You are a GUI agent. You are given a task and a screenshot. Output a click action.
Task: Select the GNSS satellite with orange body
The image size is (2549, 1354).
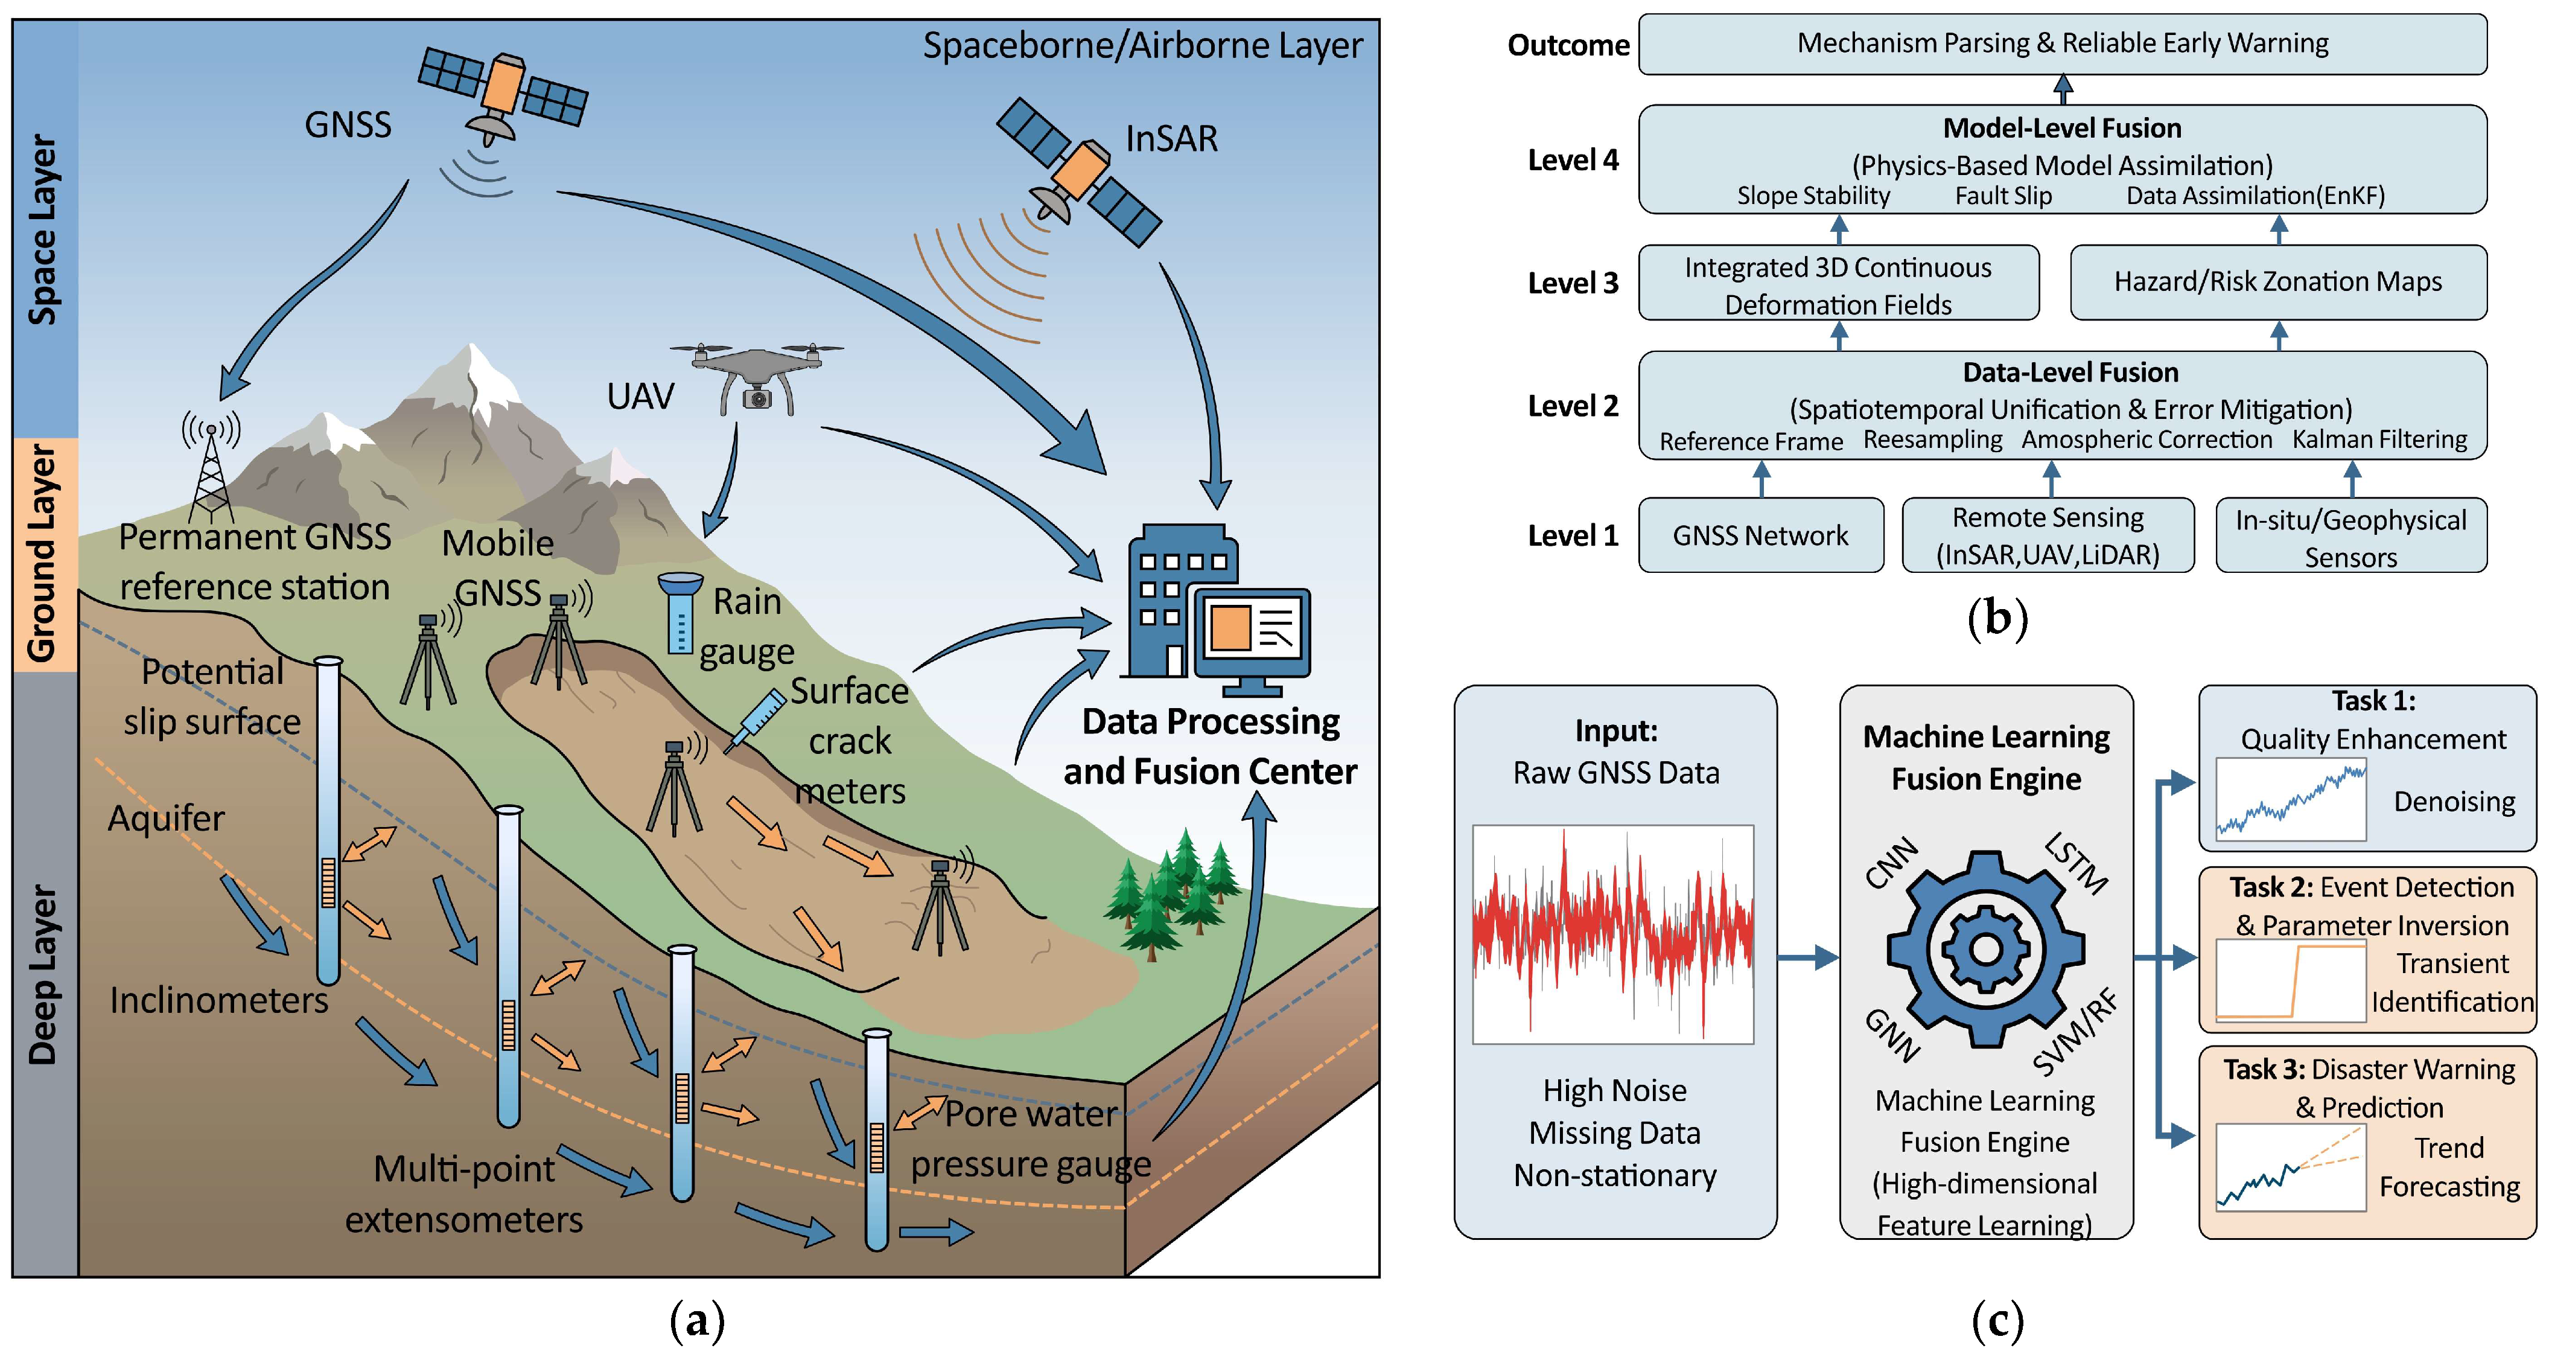(x=503, y=89)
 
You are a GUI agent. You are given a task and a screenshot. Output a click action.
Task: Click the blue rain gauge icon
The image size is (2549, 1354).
(x=681, y=614)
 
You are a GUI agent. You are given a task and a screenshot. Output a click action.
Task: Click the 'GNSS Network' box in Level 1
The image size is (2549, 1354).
(x=1760, y=535)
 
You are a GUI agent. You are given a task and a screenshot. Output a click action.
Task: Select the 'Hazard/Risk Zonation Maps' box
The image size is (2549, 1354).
(x=2278, y=282)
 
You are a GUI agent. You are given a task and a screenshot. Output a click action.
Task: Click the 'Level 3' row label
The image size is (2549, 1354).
(x=1573, y=283)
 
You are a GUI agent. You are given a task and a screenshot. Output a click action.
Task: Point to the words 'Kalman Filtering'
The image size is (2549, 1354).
(x=2380, y=439)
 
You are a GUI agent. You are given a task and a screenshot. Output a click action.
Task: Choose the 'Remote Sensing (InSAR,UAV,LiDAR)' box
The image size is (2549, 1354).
(x=2048, y=535)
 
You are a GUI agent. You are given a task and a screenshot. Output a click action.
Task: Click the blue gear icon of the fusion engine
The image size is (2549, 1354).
(x=1986, y=948)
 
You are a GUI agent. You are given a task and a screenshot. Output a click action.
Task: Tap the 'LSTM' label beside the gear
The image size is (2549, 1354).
(x=2076, y=863)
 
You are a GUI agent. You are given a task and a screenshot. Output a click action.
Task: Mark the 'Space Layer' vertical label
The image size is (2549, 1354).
(x=43, y=229)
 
